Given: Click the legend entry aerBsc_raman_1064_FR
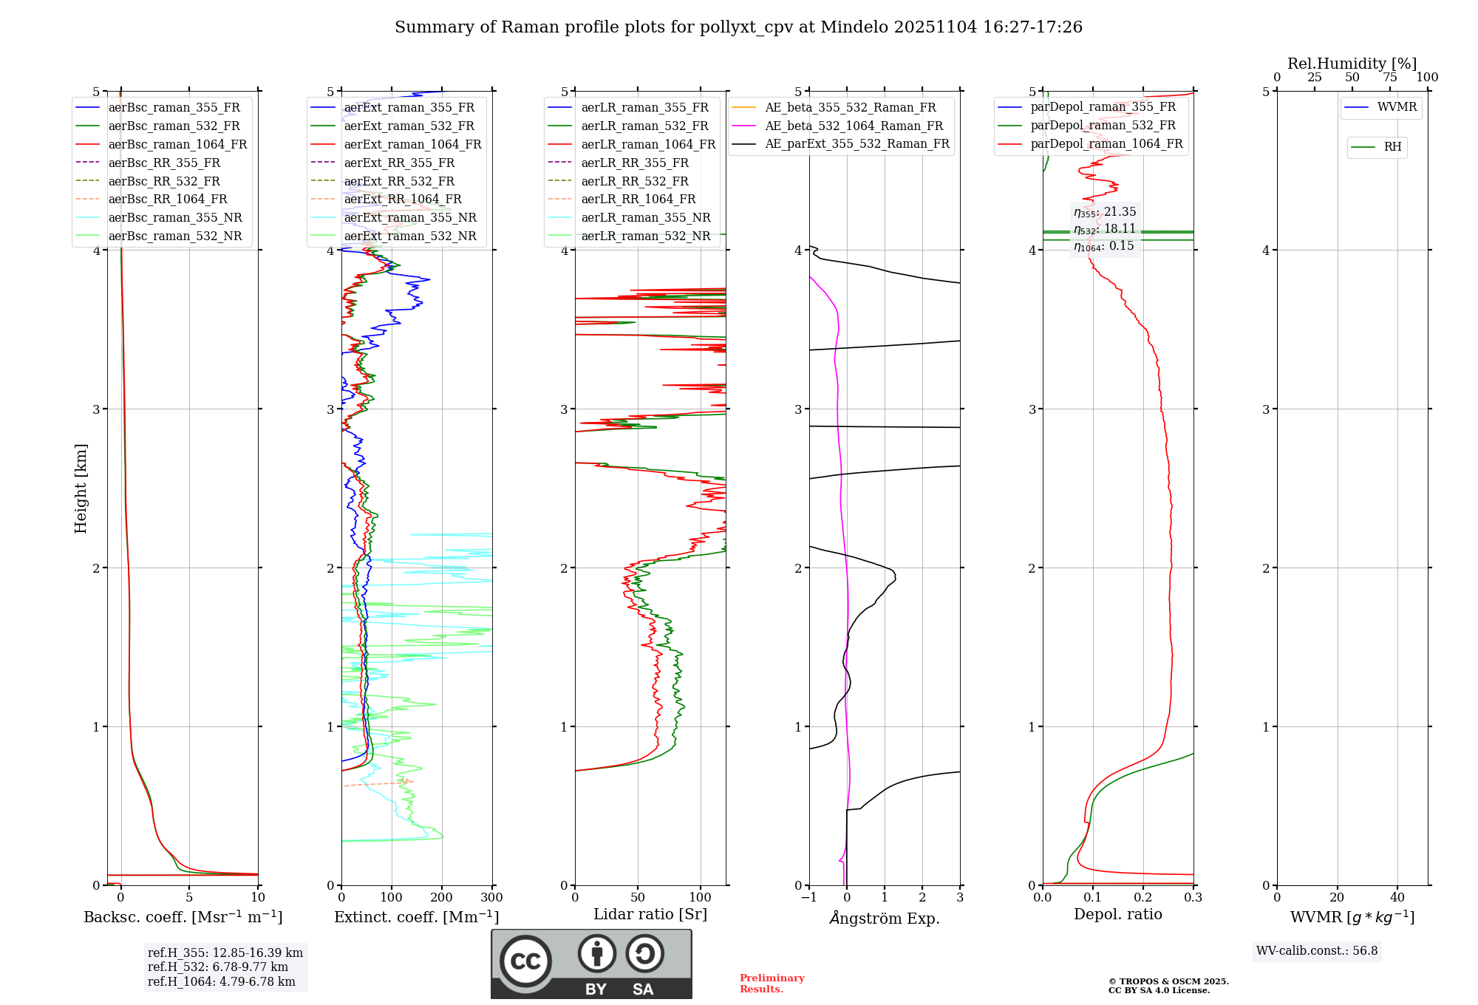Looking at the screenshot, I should coord(177,144).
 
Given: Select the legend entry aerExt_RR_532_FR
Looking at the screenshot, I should coord(399,181).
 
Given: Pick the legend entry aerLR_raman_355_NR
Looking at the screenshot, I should coord(645,217).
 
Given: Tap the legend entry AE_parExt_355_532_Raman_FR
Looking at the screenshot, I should coord(857,143).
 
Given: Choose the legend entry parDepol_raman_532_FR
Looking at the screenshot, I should coord(1103,126).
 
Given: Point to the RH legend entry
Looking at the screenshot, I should coord(1392,147).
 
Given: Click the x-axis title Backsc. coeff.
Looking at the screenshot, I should coord(183,917).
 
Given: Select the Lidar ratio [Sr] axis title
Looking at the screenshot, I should coord(650,914).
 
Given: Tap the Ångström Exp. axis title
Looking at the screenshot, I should coord(885,918).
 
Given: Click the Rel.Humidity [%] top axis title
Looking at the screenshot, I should coord(1352,64).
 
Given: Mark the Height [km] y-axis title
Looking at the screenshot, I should coord(81,488).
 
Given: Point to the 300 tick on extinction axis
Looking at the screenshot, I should coord(491,898).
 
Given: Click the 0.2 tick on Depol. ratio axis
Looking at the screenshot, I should coord(1143,898).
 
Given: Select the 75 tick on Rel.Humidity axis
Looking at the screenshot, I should coord(1389,78).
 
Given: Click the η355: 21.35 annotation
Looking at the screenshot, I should coord(1105,212).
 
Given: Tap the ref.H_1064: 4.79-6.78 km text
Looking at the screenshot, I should coord(221,981).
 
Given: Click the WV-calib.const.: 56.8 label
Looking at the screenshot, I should coord(1317,951).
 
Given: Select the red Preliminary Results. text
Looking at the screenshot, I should coord(772,984).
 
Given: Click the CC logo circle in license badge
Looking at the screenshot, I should coord(525,961).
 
